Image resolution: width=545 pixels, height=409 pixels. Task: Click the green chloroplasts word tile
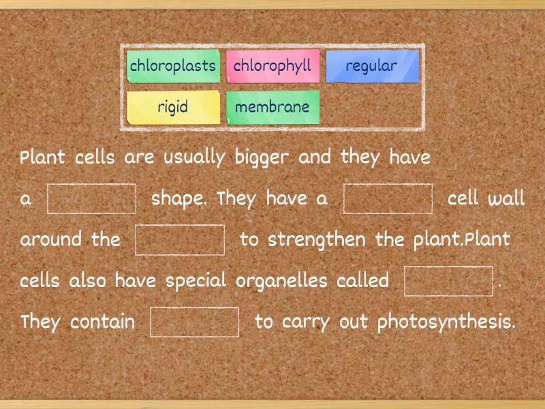[173, 66]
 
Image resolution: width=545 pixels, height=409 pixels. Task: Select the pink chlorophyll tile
[272, 66]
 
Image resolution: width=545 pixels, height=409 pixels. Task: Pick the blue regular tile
[371, 66]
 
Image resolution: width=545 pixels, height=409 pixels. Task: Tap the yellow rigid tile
[173, 107]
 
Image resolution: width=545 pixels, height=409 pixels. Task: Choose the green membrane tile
[272, 107]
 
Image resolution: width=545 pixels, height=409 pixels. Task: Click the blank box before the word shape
[91, 199]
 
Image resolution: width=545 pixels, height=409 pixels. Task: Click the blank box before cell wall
[388, 199]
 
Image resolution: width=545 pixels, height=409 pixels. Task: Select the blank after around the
[180, 240]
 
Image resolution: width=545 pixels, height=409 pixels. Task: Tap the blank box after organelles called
[448, 281]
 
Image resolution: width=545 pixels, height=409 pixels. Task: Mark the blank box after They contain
[195, 322]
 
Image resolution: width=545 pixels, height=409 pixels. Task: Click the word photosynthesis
[446, 322]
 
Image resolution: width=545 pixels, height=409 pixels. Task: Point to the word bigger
[262, 158]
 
